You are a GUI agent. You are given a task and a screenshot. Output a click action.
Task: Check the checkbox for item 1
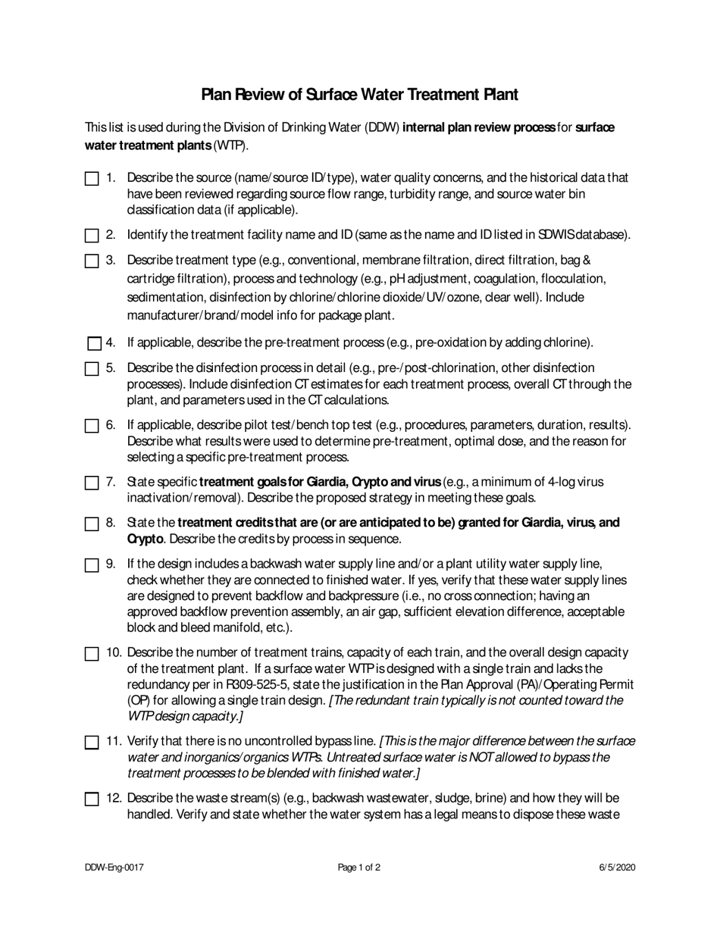pyautogui.click(x=92, y=180)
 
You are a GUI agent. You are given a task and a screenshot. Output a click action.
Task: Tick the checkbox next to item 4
pyautogui.click(x=94, y=343)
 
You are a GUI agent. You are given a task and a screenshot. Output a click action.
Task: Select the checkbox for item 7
pyautogui.click(x=92, y=483)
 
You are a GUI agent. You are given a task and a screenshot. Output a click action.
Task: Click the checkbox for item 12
pyautogui.click(x=92, y=799)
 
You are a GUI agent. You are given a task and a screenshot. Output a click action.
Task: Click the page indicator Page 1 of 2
pyautogui.click(x=359, y=868)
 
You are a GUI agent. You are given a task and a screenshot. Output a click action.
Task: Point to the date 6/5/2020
pyautogui.click(x=616, y=868)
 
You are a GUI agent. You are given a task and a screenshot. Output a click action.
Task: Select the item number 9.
pyautogui.click(x=111, y=564)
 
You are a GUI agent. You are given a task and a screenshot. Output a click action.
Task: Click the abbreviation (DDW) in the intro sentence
pyautogui.click(x=383, y=128)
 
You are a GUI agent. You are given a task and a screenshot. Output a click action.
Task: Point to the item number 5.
pyautogui.click(x=111, y=368)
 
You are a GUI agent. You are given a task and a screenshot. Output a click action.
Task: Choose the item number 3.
pyautogui.click(x=111, y=261)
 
